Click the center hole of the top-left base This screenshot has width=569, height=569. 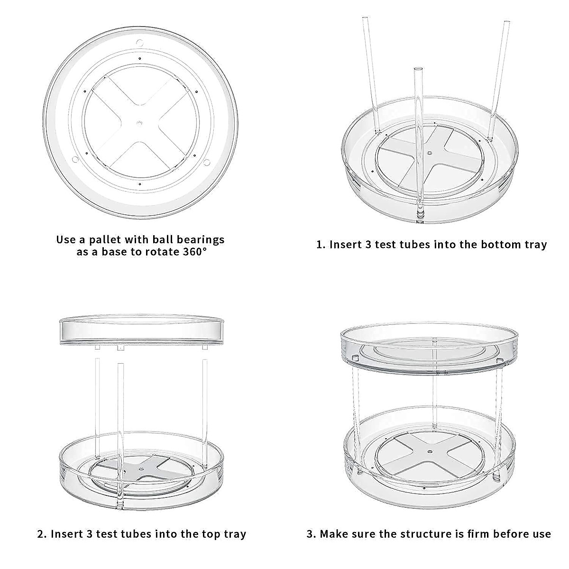[139, 123]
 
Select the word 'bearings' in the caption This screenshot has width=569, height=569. [202, 239]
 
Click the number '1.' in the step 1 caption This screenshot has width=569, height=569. [321, 245]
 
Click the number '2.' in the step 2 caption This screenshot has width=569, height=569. [42, 534]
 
